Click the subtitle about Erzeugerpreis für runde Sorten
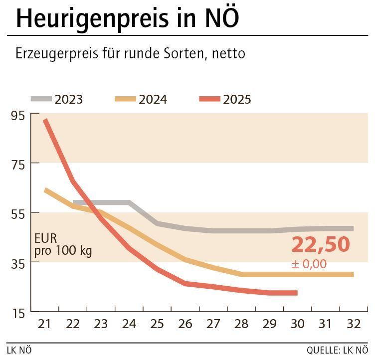[x=130, y=53]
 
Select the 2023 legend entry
[x=57, y=99]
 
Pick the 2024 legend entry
[x=141, y=99]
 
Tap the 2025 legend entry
[x=225, y=99]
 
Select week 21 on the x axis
[x=45, y=324]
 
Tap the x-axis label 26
[x=185, y=324]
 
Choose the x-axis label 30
[x=297, y=324]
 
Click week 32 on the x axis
[x=353, y=324]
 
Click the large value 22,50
[x=321, y=245]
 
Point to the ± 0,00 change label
[x=309, y=264]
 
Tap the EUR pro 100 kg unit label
[x=63, y=245]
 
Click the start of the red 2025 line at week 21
[x=45, y=120]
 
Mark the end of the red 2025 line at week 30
[x=296, y=293]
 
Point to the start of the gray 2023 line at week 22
[x=74, y=202]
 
